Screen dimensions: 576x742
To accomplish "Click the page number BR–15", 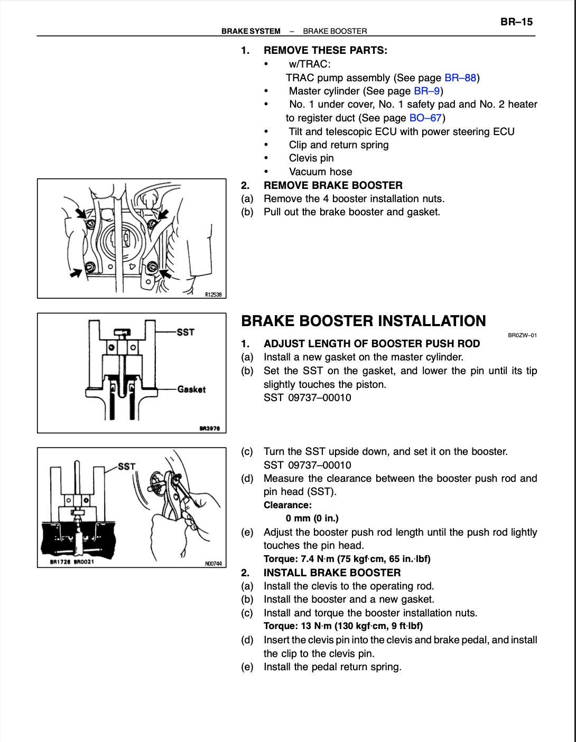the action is coord(516,22).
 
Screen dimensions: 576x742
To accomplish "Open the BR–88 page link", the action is coord(460,78).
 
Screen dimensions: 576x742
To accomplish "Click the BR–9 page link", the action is coord(426,91).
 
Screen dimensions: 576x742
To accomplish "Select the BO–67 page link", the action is coord(425,118).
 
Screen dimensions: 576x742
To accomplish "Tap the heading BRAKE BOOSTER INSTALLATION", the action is coord(364,321).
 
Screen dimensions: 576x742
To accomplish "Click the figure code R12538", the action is coord(213,294).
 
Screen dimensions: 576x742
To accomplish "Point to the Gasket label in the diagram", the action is coord(191,389).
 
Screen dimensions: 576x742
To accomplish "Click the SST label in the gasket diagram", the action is coord(185,332).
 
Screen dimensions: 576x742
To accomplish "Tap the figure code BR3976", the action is coord(210,429).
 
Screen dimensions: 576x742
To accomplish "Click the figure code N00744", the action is coord(213,564).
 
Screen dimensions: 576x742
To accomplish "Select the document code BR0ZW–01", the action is coord(522,335).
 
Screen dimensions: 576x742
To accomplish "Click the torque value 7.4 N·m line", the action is coord(347,559).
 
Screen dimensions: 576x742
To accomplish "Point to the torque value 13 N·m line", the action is coord(343,626).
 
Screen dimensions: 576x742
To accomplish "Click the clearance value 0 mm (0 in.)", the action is coord(312,518).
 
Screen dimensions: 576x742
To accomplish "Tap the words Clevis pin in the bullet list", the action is coord(311,158).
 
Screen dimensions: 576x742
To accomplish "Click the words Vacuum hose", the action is coord(320,172).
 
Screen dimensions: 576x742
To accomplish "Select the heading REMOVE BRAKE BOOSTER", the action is coord(333,185).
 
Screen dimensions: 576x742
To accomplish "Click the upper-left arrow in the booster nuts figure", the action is coord(81,214).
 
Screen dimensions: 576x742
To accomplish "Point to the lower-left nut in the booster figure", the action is coord(90,267).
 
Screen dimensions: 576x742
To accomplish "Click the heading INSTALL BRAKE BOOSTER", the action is coord(332,573).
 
